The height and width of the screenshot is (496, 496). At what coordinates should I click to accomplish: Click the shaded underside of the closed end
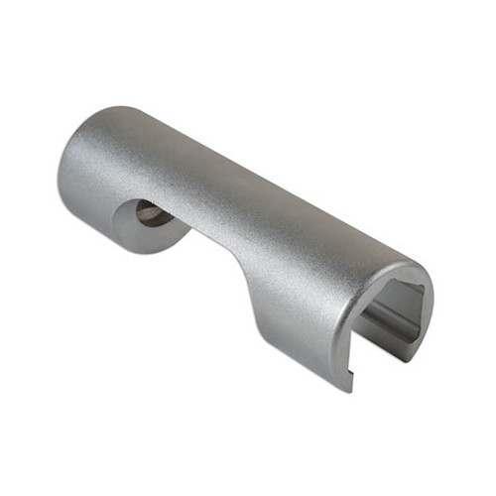click(99, 223)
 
